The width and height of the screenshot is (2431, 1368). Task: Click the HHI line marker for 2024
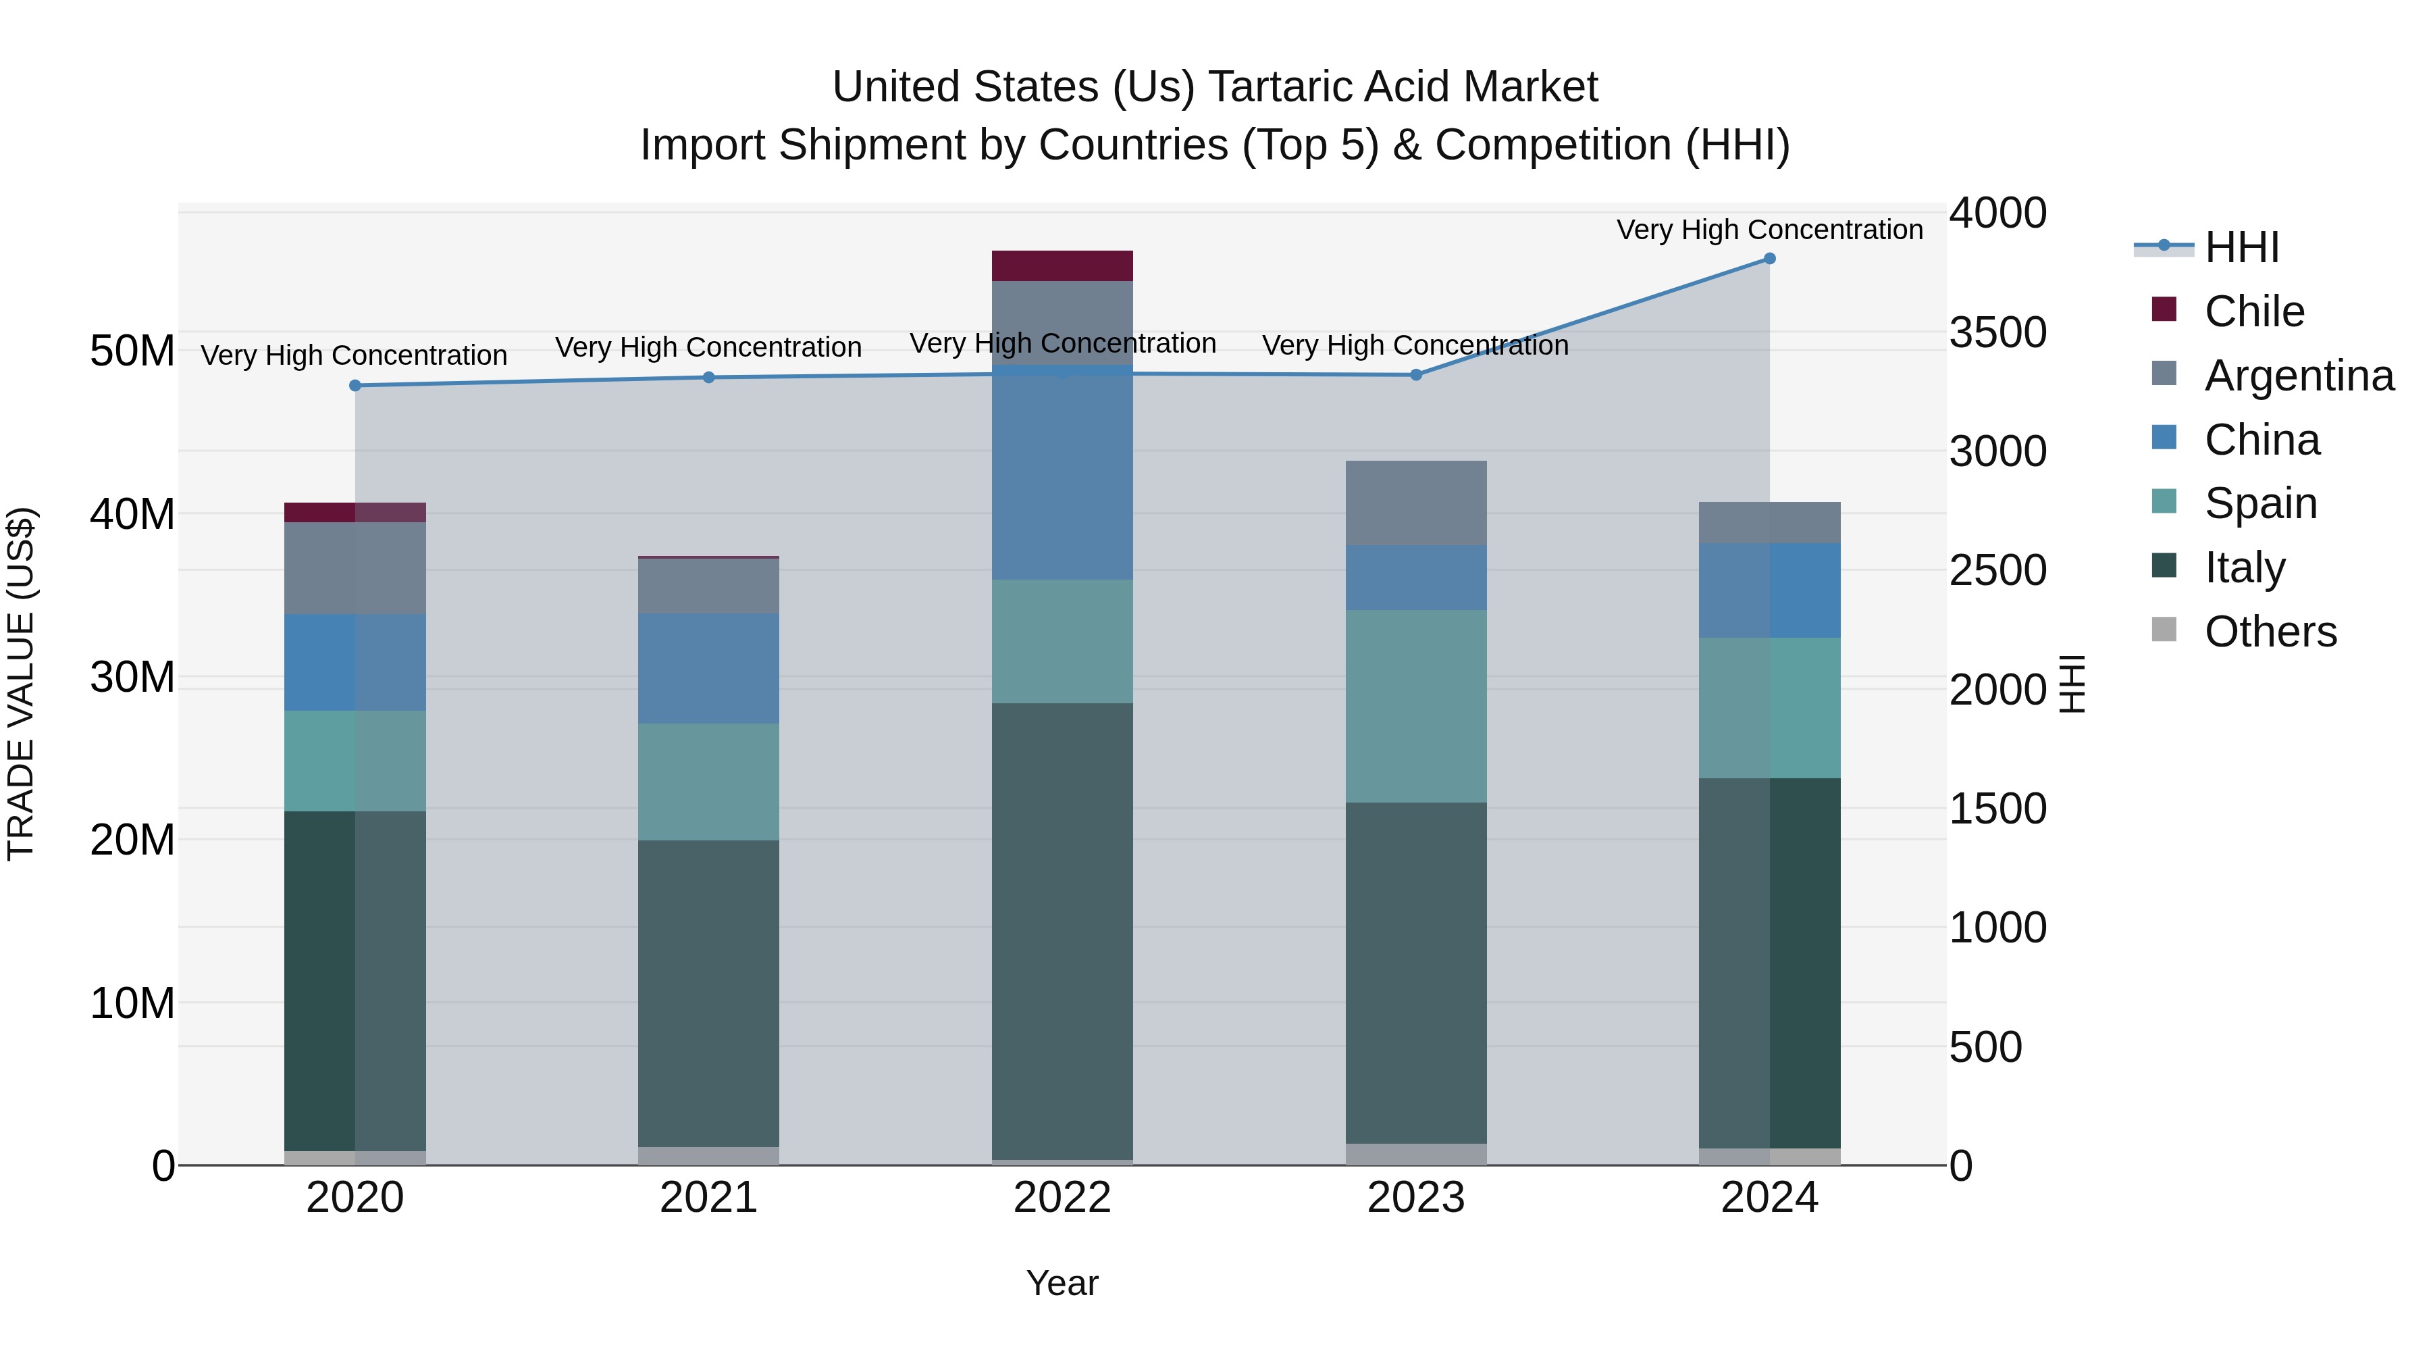1769,259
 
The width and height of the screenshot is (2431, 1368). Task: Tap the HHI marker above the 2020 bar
355,385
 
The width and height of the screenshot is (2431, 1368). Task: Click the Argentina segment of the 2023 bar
1415,502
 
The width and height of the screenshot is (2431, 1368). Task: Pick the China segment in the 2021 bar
709,668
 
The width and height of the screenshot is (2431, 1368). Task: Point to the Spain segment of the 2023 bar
1415,706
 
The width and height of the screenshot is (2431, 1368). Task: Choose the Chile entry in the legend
2253,311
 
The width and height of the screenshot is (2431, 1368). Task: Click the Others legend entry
2270,632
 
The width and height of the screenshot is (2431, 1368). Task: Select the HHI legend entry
2241,247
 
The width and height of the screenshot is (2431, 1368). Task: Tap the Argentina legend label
2299,376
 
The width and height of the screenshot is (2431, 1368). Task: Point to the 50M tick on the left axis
132,351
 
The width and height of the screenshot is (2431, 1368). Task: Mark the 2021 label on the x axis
709,1198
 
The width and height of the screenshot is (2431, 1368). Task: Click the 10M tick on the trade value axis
132,1003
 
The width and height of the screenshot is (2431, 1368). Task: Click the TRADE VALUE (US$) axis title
21,684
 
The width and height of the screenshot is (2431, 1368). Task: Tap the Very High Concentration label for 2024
1769,230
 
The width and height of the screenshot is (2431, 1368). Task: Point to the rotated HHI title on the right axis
2072,684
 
